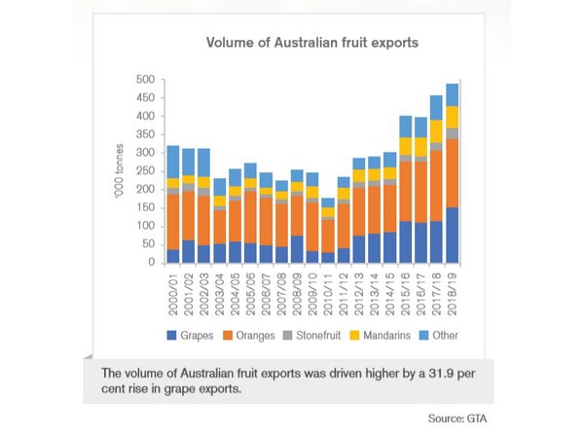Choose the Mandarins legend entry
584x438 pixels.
click(x=379, y=337)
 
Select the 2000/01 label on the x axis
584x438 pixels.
click(x=173, y=292)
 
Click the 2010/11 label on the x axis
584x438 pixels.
click(x=328, y=292)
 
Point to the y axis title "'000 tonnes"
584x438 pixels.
click(x=120, y=171)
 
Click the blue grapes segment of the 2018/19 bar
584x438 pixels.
click(x=453, y=235)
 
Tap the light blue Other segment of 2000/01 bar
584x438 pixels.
click(x=173, y=162)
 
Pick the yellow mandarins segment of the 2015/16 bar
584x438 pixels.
click(x=406, y=145)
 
